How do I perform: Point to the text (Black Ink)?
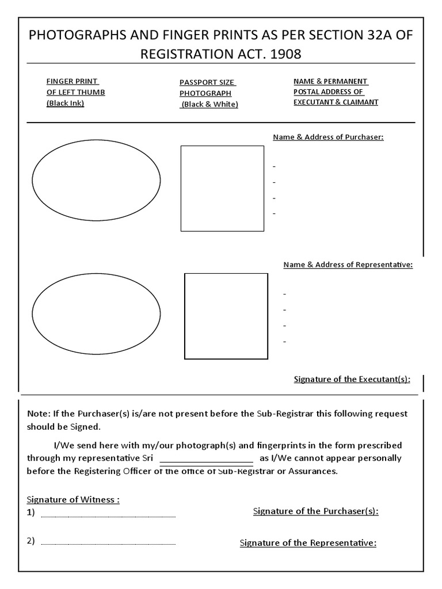(x=65, y=104)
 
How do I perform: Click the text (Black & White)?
(x=209, y=104)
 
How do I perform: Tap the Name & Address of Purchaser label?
(x=328, y=137)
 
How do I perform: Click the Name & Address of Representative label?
(x=348, y=265)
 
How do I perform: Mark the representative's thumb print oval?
(x=96, y=316)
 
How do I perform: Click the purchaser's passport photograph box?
(x=222, y=188)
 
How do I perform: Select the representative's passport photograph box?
(x=226, y=316)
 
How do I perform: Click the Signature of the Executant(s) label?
(x=352, y=379)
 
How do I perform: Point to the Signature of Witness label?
(x=73, y=499)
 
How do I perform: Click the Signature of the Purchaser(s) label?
(x=315, y=511)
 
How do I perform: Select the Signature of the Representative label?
(x=308, y=542)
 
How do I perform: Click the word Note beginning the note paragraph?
(x=37, y=414)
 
